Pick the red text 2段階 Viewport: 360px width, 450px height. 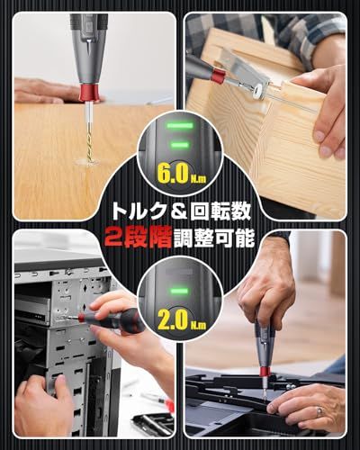[x=132, y=239]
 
